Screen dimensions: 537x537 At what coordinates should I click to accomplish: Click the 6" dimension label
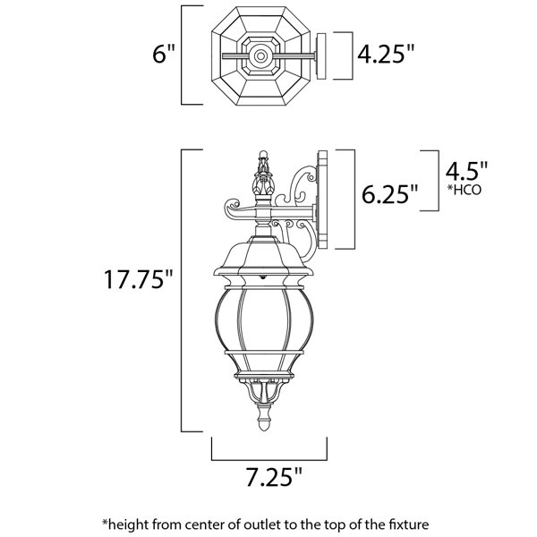164,54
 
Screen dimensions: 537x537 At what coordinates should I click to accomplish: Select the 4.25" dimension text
386,54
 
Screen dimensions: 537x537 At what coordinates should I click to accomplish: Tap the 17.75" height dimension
139,279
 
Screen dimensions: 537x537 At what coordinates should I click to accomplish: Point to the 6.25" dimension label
390,194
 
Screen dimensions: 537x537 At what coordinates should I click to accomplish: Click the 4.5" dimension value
466,171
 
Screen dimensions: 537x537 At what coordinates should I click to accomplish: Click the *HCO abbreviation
465,190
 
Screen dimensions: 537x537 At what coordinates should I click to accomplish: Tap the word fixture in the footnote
409,524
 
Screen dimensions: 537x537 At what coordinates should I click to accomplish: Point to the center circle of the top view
260,55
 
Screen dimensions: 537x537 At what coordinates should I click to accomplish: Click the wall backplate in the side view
322,200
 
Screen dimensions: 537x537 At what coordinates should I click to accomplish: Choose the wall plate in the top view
321,56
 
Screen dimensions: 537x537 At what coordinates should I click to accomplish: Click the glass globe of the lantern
264,320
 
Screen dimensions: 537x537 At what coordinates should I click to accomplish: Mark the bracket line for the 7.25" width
269,460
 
